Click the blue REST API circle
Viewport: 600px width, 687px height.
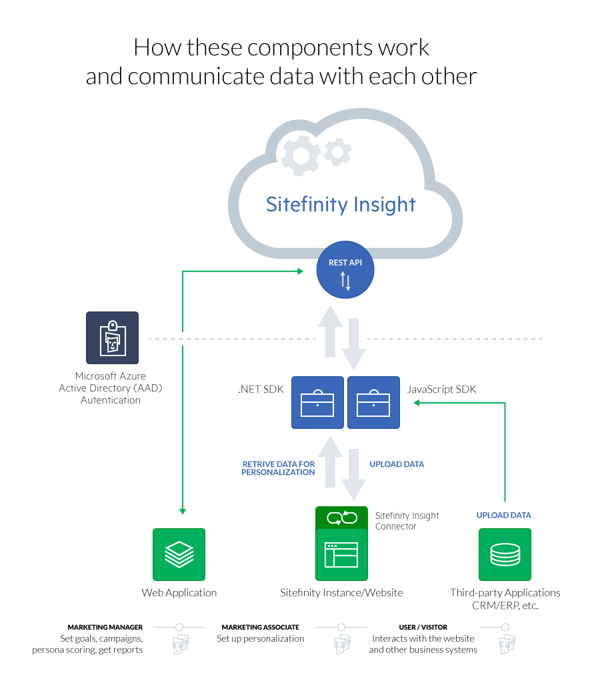pos(345,271)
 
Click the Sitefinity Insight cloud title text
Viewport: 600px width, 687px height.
pos(341,204)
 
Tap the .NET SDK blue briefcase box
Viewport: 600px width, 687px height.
pos(317,402)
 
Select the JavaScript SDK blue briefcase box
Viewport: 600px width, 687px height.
pos(373,402)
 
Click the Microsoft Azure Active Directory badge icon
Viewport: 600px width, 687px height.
pos(112,337)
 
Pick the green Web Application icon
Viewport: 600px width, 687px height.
pos(179,554)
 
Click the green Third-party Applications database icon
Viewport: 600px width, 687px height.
pos(505,554)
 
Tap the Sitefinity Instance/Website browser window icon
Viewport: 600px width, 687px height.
pos(341,554)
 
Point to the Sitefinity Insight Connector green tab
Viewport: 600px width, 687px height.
pos(341,518)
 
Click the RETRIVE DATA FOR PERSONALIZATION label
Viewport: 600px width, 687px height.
pos(279,468)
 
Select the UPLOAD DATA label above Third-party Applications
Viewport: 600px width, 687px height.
pos(503,516)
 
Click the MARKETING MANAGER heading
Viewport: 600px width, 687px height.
pos(105,628)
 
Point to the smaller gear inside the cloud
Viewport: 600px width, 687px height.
pos(337,152)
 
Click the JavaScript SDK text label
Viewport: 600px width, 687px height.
pos(441,390)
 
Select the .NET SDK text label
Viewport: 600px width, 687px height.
pos(261,390)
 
